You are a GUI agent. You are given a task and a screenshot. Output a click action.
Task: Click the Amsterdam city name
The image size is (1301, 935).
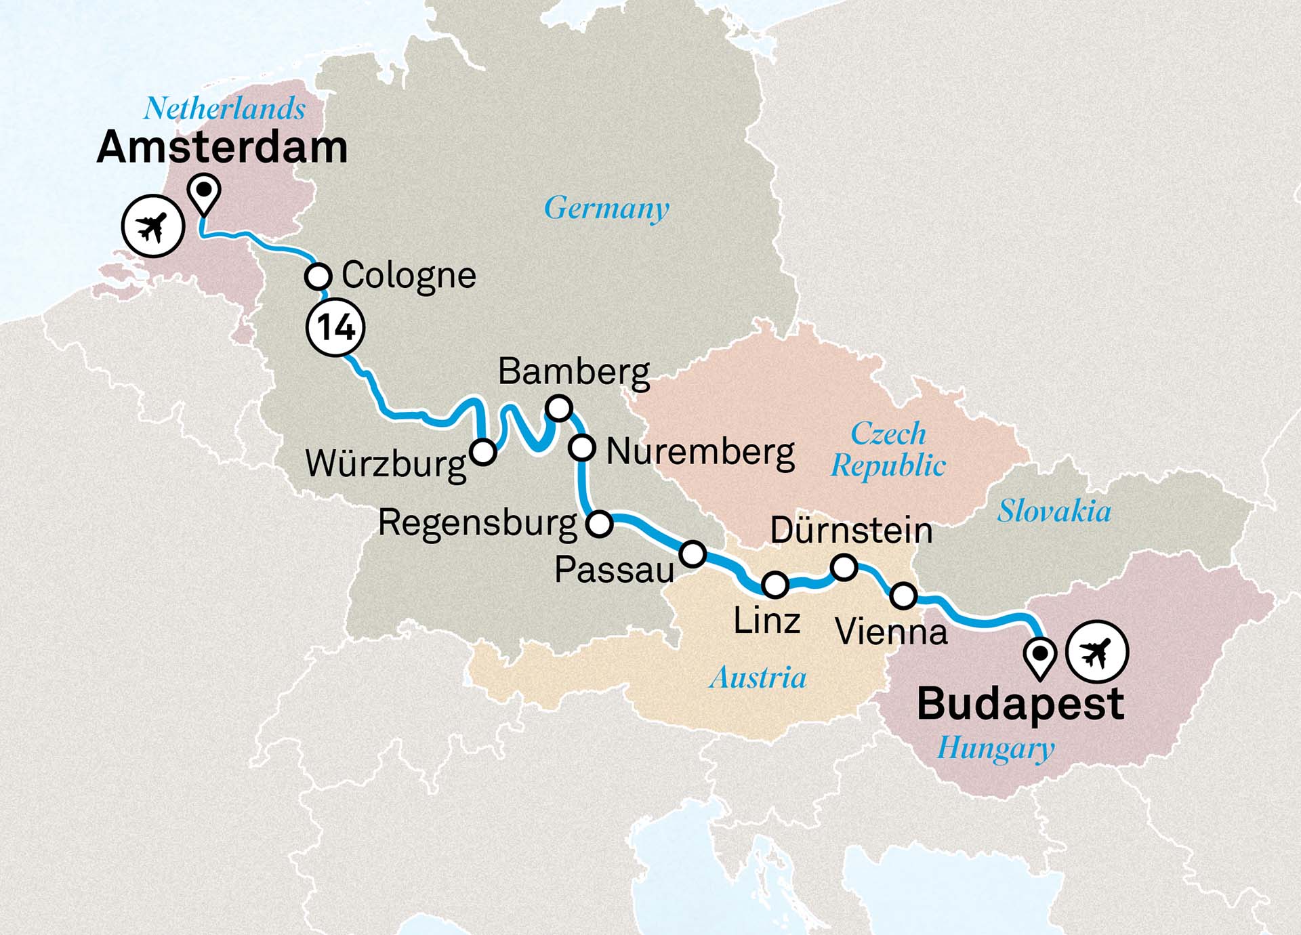[x=222, y=148]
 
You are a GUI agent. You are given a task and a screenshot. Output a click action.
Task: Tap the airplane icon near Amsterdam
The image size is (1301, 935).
[x=153, y=226]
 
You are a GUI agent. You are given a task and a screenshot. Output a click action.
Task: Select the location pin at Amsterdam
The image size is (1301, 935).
[x=204, y=192]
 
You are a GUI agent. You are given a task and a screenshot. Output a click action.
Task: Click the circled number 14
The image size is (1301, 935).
[x=335, y=328]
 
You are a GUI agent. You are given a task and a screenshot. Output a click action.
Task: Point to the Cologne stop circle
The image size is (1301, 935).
[x=318, y=276]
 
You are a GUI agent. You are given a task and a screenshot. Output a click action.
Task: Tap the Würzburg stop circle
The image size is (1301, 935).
[x=483, y=451]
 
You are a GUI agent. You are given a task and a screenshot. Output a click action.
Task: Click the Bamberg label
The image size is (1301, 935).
[x=573, y=372]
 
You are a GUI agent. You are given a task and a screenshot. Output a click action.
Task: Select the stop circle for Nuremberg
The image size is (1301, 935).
[x=582, y=448]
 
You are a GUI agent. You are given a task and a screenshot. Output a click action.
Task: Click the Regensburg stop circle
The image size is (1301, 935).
[x=600, y=524]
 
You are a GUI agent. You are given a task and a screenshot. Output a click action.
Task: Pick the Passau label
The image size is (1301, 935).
[x=614, y=570]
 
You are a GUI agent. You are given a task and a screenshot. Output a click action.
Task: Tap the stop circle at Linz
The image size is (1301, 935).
[x=775, y=584]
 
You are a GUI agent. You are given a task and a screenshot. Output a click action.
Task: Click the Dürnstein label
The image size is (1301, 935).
[x=851, y=531]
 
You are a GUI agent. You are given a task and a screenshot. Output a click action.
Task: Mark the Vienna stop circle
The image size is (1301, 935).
[x=903, y=596]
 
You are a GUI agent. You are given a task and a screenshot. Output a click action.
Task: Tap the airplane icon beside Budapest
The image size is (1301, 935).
[x=1097, y=652]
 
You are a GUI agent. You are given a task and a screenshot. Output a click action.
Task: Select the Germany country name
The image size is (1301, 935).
[x=606, y=208]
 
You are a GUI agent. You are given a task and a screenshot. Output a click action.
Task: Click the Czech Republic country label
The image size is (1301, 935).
[x=888, y=449]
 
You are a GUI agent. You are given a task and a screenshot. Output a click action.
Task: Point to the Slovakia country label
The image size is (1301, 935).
[x=1054, y=511]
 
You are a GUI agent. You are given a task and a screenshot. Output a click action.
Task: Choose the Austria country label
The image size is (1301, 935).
[x=758, y=678]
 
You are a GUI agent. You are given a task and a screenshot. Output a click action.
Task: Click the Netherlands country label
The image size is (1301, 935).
[x=224, y=109]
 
